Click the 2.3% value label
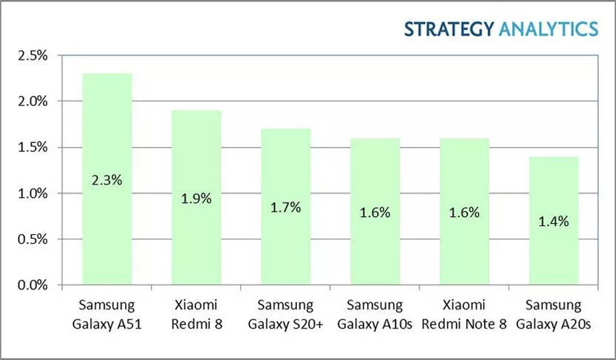point(107,182)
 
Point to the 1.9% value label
point(196,199)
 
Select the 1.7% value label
point(285,207)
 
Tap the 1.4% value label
point(554,221)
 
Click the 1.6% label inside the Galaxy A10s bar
point(375,212)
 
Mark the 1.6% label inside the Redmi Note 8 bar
point(464,212)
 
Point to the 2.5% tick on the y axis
point(32,55)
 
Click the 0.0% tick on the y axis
point(32,285)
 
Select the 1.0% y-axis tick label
point(32,193)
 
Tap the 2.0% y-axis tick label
point(32,101)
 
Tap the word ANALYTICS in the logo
point(547,29)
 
